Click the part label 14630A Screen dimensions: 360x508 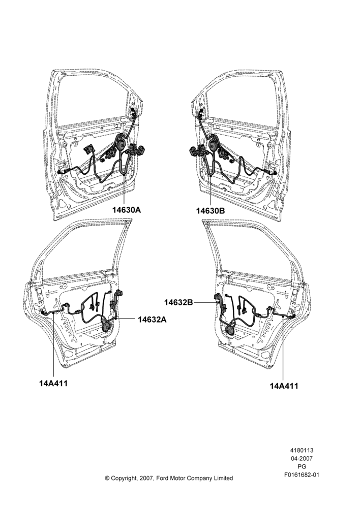tap(127, 210)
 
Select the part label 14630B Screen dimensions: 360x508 tap(210, 211)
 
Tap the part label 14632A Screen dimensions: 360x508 tap(152, 320)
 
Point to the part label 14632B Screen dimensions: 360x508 tap(178, 302)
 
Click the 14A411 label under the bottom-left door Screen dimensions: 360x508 tap(53, 383)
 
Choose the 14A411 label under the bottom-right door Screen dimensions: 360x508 tap(284, 386)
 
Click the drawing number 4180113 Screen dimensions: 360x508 tap(302, 450)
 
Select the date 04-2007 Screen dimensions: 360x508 tap(302, 458)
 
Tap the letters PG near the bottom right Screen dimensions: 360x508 tap(302, 467)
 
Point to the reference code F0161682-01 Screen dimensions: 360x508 tap(302, 475)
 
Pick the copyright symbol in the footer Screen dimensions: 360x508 tap(107, 478)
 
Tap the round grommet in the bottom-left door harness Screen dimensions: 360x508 tap(106, 325)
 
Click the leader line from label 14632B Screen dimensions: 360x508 tap(204, 302)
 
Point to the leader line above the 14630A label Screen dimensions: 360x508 tap(125, 190)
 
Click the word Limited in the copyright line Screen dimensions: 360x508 tap(223, 478)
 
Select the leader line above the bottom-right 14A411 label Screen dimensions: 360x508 tap(283, 350)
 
